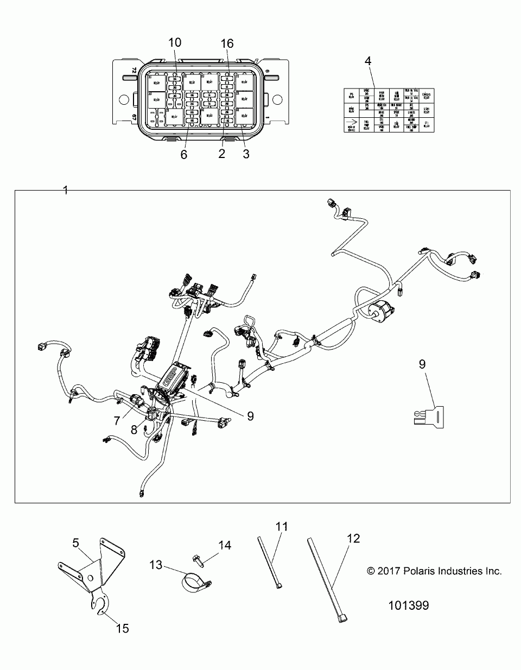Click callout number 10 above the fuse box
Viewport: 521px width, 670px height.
175,43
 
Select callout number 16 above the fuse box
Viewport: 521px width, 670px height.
227,44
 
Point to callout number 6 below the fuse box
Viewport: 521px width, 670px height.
183,154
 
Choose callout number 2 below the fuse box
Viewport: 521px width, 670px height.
221,154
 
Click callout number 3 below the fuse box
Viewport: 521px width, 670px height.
246,154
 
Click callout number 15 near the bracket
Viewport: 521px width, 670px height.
123,628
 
